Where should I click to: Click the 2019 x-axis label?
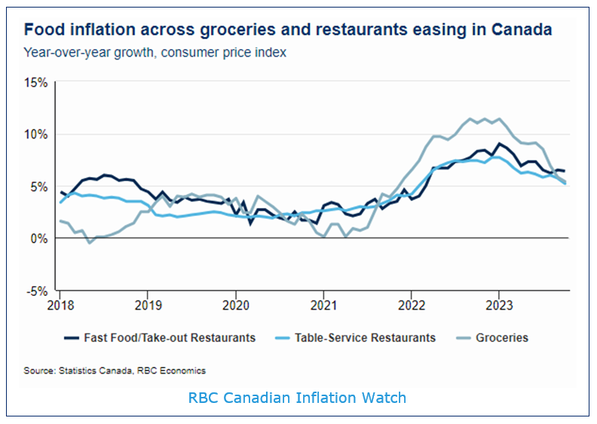pos(147,304)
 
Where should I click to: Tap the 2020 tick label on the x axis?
pos(235,304)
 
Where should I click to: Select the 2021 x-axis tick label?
pos(323,304)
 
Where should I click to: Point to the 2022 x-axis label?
pos(411,304)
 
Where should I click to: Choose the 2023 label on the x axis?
pos(498,304)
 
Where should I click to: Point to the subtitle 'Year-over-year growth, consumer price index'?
pos(155,53)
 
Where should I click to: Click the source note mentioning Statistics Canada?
pos(115,371)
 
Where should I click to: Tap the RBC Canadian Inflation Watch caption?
pos(297,397)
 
